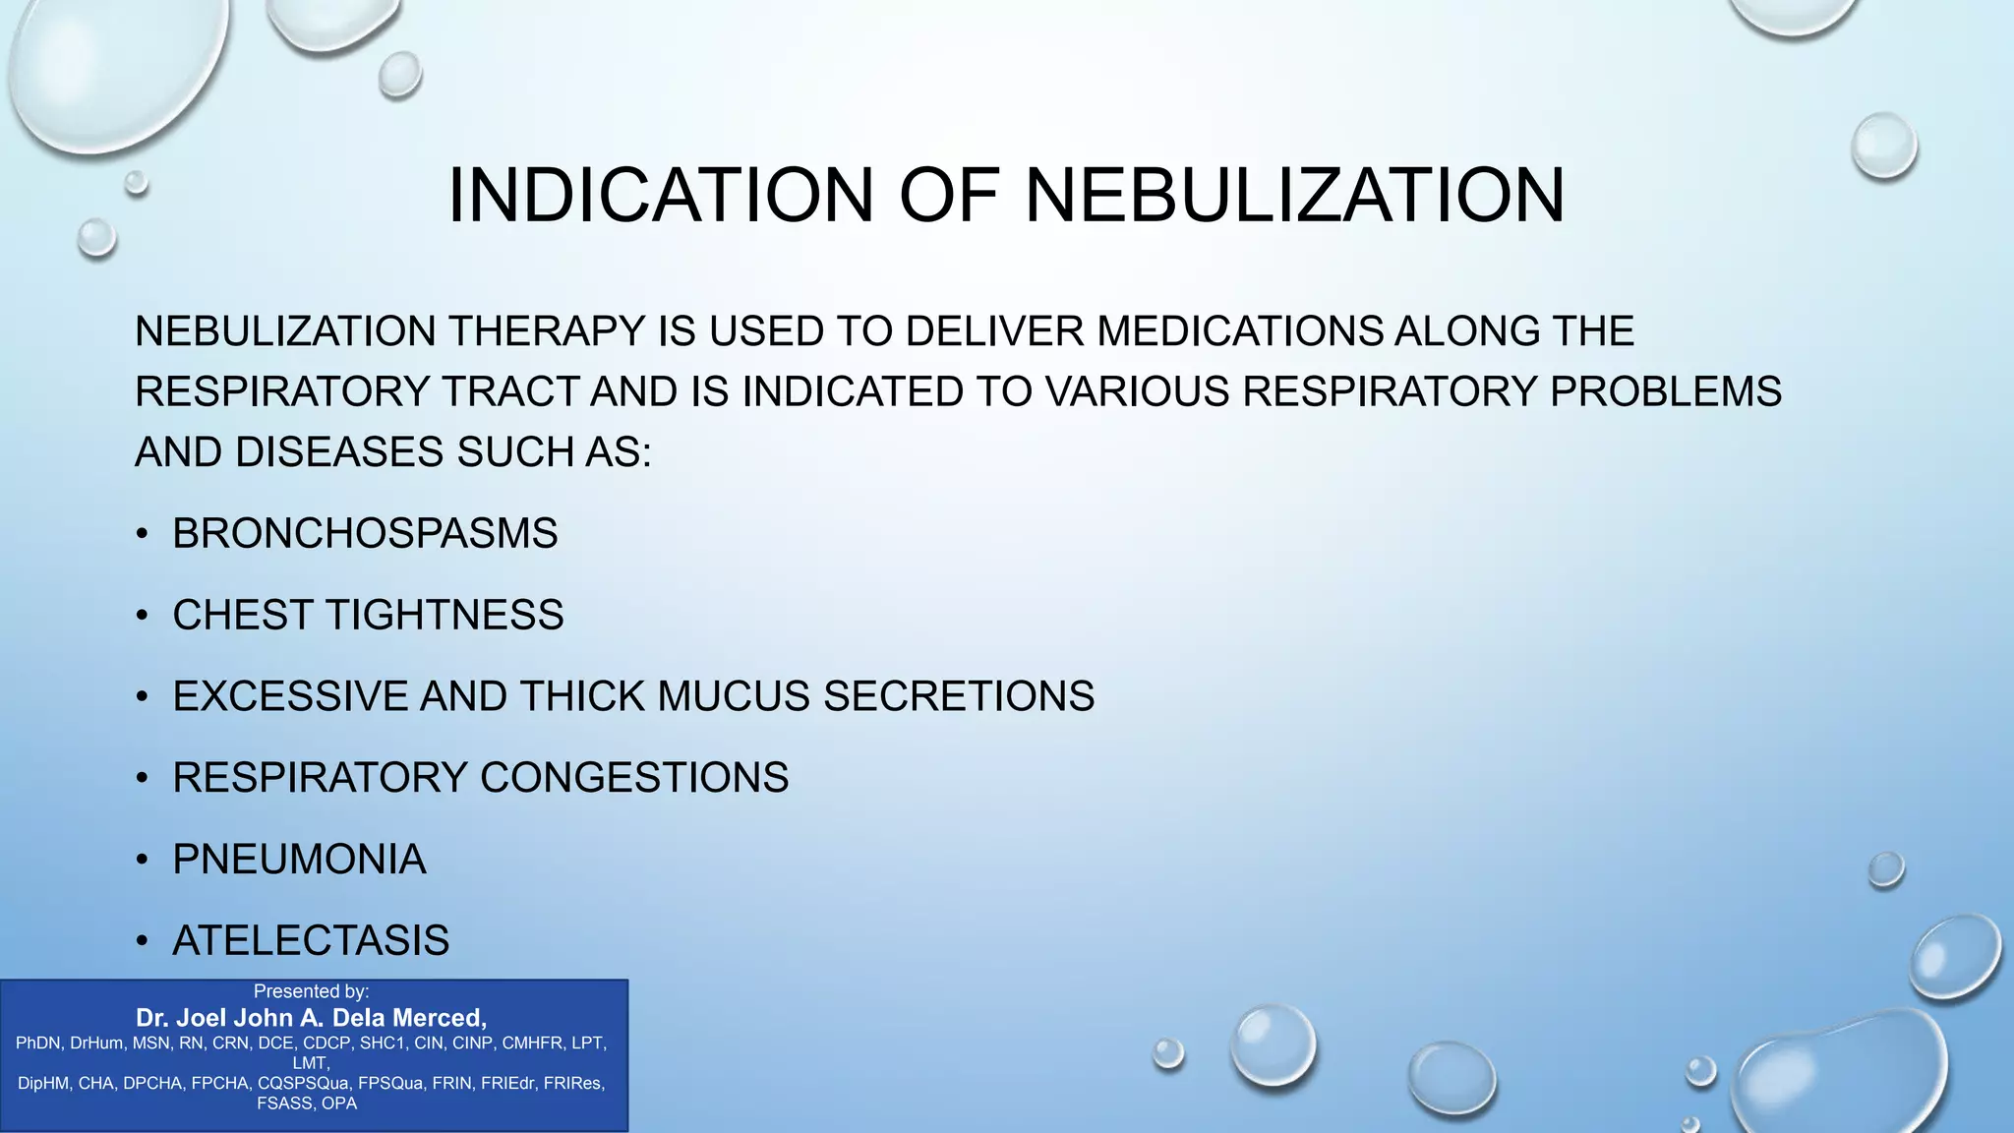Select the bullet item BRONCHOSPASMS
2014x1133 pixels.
pos(365,534)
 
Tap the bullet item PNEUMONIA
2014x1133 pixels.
pos(299,860)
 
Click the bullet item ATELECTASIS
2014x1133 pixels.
pos(311,941)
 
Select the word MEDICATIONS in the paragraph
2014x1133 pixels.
pos(1240,331)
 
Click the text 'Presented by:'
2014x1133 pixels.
pos(311,991)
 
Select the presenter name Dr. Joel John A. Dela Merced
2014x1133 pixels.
pos(311,1018)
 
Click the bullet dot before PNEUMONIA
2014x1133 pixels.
pos(143,861)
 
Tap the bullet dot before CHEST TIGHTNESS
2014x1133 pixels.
pos(143,617)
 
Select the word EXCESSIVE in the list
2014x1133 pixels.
pos(290,696)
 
